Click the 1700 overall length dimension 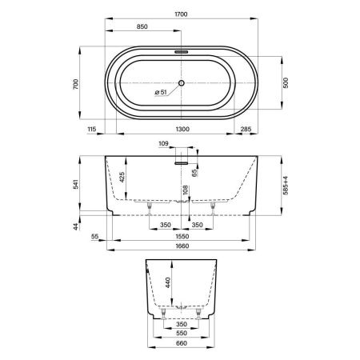(181, 14)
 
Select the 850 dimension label (142, 26)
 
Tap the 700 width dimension (76, 84)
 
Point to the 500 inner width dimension (286, 83)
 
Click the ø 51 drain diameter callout (161, 92)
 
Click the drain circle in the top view (182, 83)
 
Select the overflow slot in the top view (182, 52)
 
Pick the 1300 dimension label (182, 129)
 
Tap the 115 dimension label (91, 129)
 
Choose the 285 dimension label (246, 129)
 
